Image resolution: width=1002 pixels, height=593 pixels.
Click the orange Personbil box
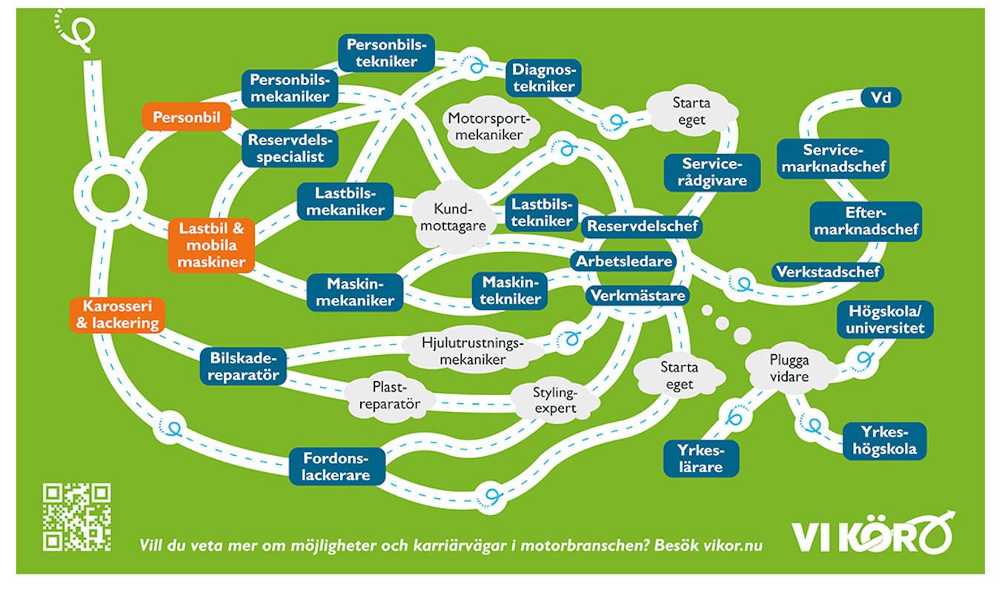(187, 117)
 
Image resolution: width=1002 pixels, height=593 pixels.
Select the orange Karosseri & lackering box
(117, 314)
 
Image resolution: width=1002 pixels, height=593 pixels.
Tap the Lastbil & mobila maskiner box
(211, 245)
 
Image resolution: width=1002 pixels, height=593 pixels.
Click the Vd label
(880, 98)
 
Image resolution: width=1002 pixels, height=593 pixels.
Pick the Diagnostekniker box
(543, 78)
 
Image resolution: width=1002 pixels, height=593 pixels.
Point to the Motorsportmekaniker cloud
(489, 126)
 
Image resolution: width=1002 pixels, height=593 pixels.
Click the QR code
(77, 517)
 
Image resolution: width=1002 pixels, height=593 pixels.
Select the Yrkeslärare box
(701, 459)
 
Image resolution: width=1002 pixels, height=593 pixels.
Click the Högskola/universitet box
(885, 319)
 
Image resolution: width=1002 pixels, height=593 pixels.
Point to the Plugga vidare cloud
(789, 368)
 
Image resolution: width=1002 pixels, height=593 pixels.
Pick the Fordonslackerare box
(336, 466)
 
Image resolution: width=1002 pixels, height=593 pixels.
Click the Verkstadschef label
(828, 271)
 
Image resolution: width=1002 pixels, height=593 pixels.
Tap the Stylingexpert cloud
(555, 400)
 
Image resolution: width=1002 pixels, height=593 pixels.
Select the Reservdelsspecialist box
(290, 148)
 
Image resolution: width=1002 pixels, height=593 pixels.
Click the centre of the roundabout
(110, 193)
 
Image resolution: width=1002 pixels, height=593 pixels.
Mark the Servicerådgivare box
(712, 172)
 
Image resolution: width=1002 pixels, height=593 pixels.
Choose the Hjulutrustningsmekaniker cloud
(472, 351)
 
